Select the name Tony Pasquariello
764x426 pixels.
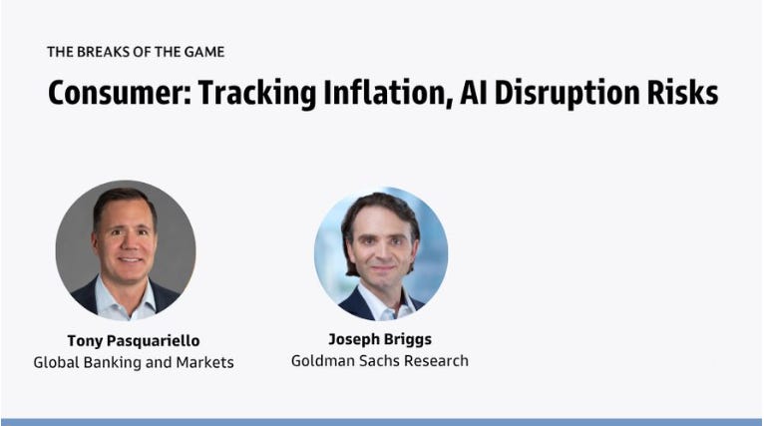[134, 341]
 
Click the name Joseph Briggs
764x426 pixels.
[380, 339]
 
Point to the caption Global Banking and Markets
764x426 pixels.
[134, 362]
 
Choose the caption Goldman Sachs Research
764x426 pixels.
[380, 361]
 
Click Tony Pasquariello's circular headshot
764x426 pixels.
[126, 250]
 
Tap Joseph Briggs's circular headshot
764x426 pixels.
[381, 253]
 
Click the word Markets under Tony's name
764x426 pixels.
[204, 362]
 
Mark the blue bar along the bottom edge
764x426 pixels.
[382, 422]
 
